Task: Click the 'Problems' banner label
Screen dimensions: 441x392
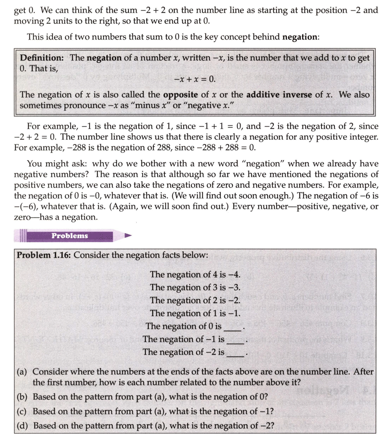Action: coord(70,236)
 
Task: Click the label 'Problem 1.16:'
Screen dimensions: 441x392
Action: coord(43,255)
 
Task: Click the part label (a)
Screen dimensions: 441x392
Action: coord(23,372)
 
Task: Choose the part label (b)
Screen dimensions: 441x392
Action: coord(23,397)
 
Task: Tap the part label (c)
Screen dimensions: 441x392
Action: coord(23,411)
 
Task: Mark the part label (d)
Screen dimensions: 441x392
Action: coord(23,425)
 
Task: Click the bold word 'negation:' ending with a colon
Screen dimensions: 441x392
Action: coord(301,37)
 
